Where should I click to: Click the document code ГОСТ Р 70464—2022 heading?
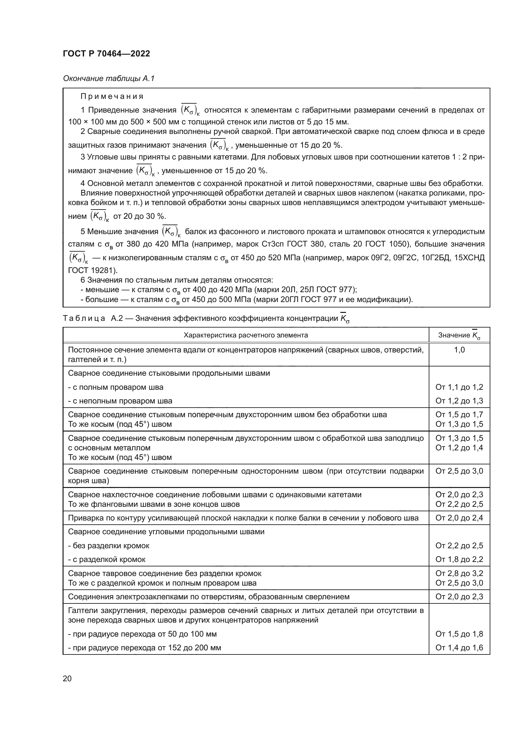point(106,54)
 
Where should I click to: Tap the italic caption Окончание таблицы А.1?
point(109,78)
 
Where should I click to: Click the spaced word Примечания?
point(112,97)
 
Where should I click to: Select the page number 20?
point(67,678)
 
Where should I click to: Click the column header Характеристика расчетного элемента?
point(245,335)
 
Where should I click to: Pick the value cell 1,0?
point(459,350)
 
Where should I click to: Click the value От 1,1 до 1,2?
point(459,387)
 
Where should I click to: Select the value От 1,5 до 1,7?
point(459,415)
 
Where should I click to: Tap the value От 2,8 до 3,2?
point(459,573)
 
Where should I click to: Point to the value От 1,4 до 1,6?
point(459,647)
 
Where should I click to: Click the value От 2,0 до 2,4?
point(459,518)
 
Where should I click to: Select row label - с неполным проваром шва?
point(120,401)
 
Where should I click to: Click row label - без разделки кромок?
point(109,545)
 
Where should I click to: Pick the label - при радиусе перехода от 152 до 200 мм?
point(144,647)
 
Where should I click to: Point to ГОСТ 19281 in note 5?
point(92,270)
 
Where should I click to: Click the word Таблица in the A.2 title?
point(84,318)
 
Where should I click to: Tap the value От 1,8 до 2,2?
point(459,559)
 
